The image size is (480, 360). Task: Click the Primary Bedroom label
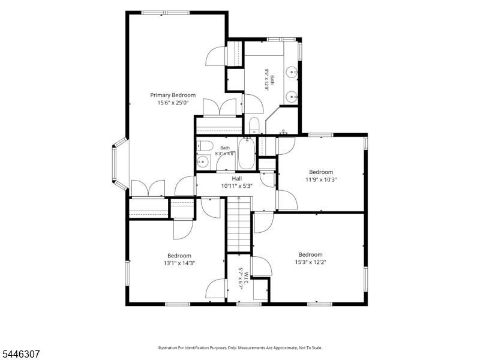coord(173,95)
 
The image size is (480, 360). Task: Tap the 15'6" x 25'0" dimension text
coord(173,103)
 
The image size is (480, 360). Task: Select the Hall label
coord(236,178)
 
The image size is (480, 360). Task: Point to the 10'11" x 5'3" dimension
coord(236,186)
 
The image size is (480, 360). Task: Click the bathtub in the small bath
coord(247,154)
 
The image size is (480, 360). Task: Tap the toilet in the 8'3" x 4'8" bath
coord(205,145)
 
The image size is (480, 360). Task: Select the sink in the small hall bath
coord(203,161)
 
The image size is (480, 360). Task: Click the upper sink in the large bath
coord(292,72)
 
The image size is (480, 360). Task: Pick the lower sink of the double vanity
coord(292,97)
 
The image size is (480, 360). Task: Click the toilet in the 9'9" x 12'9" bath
coord(254,125)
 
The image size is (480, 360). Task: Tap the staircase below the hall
coord(239,225)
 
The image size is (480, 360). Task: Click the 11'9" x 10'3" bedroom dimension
coord(321,179)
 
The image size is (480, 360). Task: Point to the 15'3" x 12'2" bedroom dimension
coord(310,262)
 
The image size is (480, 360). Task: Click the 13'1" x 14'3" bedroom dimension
coord(179,263)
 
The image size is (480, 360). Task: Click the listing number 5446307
coord(20,354)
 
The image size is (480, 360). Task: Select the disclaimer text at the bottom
coord(239,348)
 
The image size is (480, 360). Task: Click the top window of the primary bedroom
coord(166,13)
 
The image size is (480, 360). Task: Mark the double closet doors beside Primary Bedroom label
coord(220,107)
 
